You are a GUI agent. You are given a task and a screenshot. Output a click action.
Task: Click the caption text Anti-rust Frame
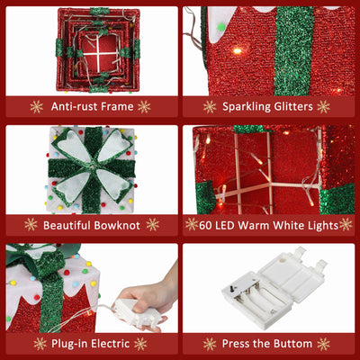click(90, 107)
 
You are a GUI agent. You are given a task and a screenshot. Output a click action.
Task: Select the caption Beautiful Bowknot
click(90, 224)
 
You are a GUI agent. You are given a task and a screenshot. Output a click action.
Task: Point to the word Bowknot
click(112, 224)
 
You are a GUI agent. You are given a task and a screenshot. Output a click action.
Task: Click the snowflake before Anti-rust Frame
click(37, 107)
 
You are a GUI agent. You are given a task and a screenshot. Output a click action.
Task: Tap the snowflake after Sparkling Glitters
click(323, 107)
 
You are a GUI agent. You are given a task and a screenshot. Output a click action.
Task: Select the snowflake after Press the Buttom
click(323, 344)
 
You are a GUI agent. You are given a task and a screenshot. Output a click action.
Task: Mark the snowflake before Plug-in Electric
click(40, 344)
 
